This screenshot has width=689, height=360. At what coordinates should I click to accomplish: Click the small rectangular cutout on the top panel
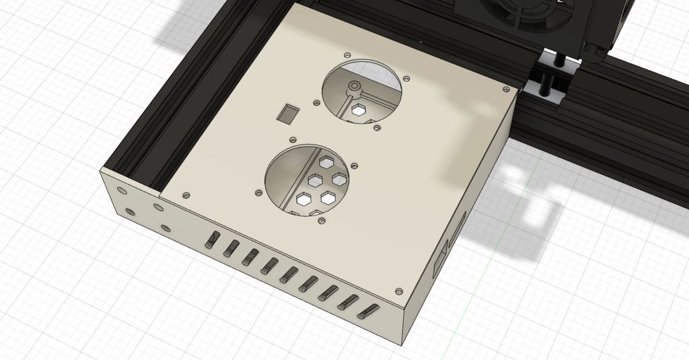tap(289, 113)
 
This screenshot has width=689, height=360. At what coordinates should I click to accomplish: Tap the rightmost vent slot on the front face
tap(369, 311)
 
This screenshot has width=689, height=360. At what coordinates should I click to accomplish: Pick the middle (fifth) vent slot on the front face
tap(291, 275)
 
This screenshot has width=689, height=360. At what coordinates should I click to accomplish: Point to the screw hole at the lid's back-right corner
tap(505, 88)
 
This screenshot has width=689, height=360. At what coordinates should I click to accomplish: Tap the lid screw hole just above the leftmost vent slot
tap(186, 195)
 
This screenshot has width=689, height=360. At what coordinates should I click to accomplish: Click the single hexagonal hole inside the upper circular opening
tap(357, 110)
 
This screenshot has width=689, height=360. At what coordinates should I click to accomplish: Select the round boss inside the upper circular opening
tap(352, 87)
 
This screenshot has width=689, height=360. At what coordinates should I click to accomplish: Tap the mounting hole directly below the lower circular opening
tap(322, 220)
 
